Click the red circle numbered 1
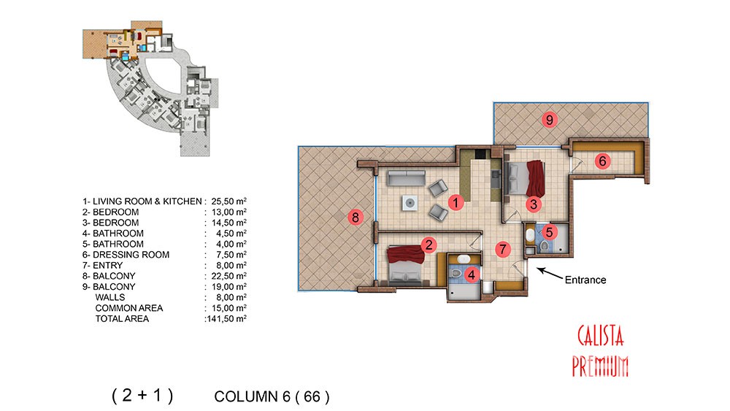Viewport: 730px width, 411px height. point(456,202)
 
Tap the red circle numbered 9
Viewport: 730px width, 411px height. point(550,120)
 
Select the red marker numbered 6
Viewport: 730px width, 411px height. point(602,161)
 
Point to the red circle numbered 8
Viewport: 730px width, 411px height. point(356,217)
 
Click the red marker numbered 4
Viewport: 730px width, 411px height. point(472,275)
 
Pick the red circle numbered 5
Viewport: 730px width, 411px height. point(550,232)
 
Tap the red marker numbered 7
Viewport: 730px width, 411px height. point(502,249)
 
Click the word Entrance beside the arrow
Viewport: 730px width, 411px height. point(585,280)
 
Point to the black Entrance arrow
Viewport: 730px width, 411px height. point(550,273)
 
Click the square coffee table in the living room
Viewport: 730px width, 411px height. point(410,203)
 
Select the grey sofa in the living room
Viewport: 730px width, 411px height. point(407,178)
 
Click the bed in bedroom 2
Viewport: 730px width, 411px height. point(406,265)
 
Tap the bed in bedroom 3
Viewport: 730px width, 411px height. point(525,178)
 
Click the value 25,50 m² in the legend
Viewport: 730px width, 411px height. point(228,201)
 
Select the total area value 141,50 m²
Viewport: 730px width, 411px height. point(226,319)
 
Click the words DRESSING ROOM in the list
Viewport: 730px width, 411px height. point(131,255)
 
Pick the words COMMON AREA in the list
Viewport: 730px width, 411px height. point(129,308)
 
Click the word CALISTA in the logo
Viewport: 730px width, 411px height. point(600,336)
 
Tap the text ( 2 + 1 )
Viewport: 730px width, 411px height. point(142,395)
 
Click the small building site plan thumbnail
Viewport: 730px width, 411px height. point(150,88)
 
